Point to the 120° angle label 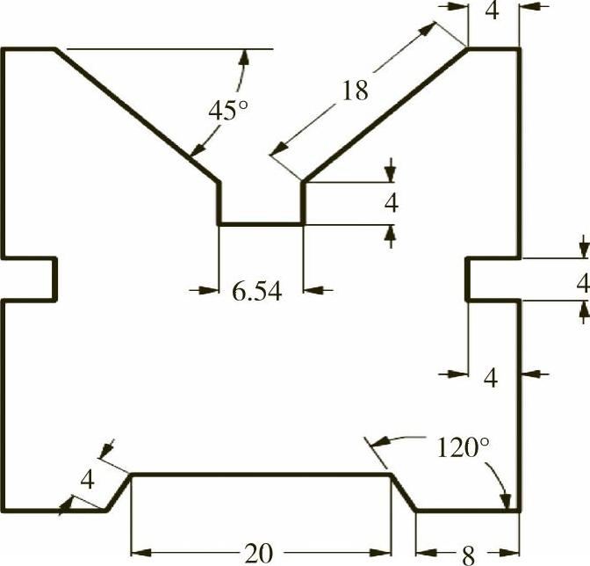point(462,447)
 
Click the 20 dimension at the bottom point(258,553)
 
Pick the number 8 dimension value point(468,554)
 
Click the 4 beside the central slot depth point(392,203)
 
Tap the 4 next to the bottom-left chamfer point(87,480)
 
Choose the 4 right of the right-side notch point(582,283)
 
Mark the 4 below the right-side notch point(491,378)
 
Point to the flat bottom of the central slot point(261,224)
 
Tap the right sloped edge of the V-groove point(385,114)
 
